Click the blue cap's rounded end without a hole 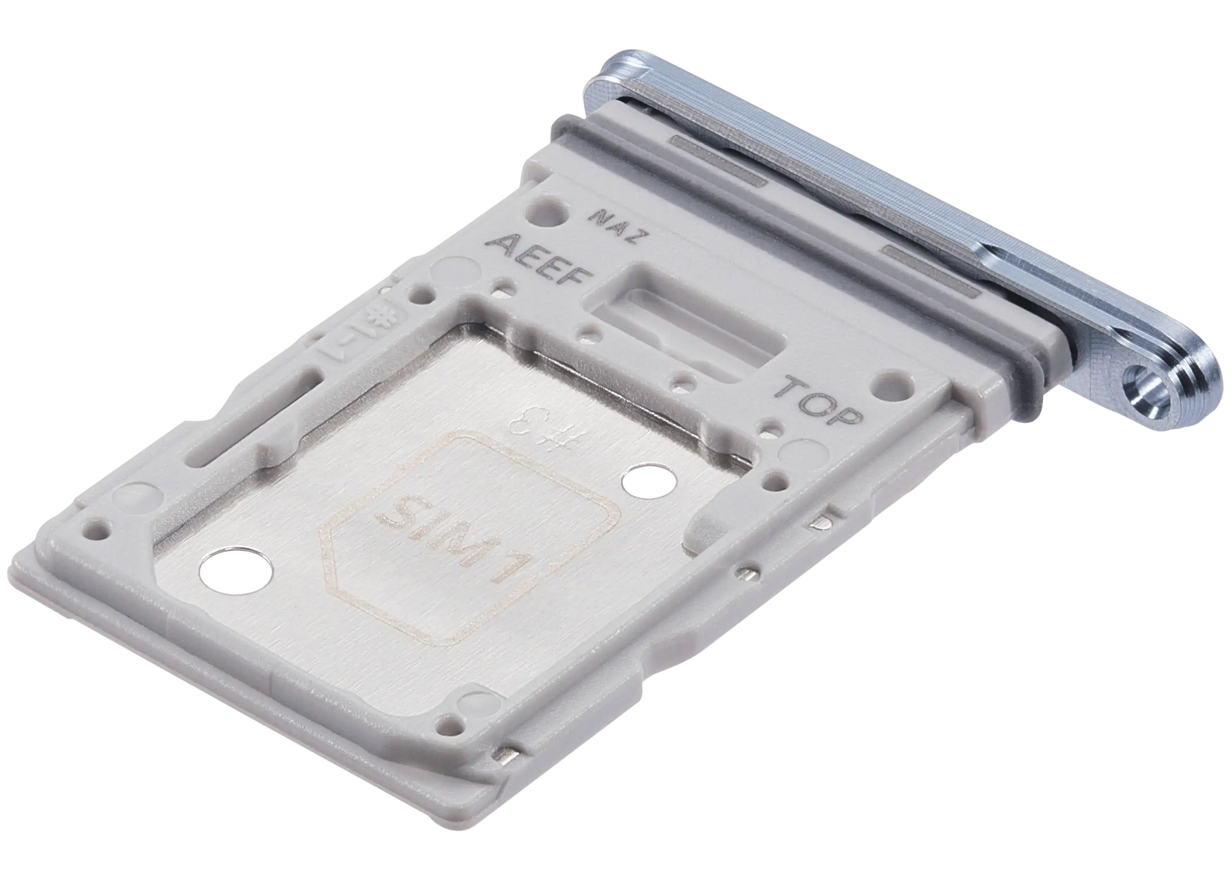[615, 72]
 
